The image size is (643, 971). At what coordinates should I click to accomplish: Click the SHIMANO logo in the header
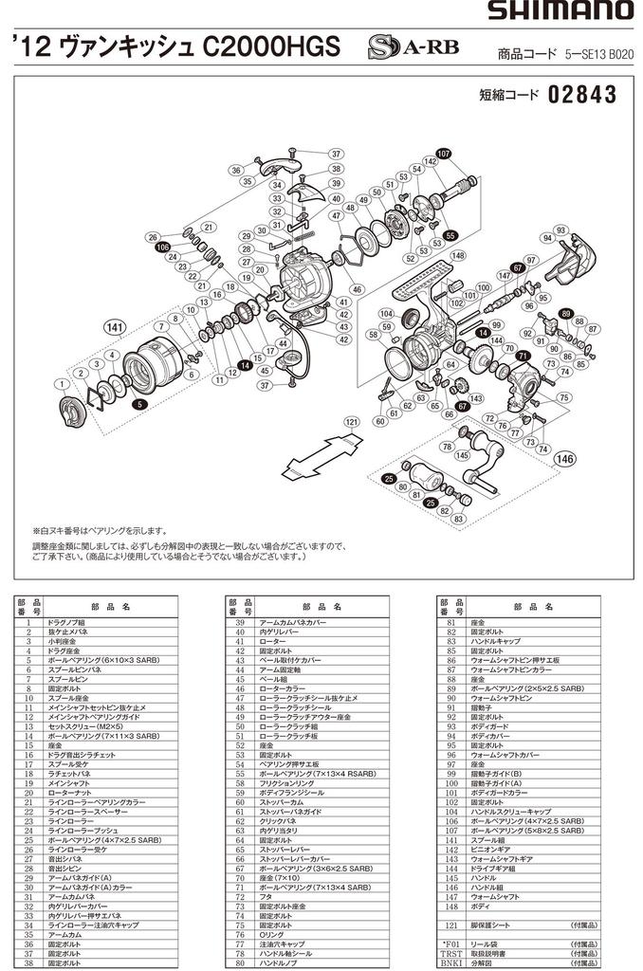point(560,12)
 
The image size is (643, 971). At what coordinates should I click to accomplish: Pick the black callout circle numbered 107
point(444,154)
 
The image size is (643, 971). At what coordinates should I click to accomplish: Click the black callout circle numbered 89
point(566,314)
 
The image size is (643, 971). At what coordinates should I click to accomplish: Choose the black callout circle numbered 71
point(522,356)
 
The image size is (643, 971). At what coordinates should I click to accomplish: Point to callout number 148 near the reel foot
point(459,256)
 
